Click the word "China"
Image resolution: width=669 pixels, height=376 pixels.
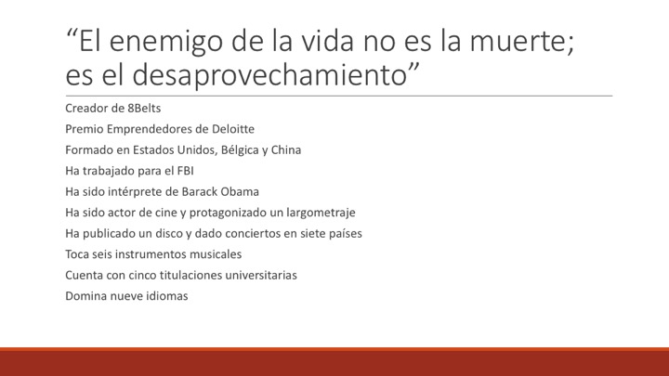coord(286,149)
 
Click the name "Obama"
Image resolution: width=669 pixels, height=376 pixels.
coord(240,191)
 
